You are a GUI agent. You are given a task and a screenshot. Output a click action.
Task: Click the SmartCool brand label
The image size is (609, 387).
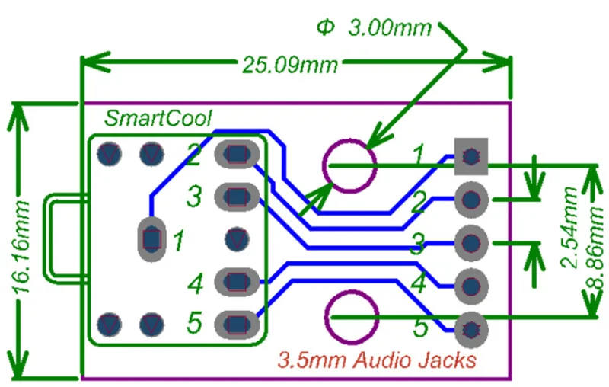[158, 118]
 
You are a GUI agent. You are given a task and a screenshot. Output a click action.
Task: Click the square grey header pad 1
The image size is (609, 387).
[471, 156]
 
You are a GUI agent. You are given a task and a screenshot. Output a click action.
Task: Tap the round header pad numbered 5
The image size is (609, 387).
[471, 330]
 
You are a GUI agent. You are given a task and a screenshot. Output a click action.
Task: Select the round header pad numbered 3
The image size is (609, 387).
[471, 243]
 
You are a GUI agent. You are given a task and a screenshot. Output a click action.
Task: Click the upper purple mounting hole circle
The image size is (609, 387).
[349, 165]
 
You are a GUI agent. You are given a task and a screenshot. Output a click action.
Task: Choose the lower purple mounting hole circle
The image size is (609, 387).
[351, 316]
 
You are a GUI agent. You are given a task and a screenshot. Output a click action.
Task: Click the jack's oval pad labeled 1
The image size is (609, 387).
[152, 239]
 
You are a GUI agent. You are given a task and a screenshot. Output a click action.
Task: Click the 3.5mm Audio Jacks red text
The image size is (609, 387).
[378, 360]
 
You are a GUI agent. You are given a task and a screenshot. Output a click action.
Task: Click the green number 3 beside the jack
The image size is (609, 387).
[195, 198]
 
